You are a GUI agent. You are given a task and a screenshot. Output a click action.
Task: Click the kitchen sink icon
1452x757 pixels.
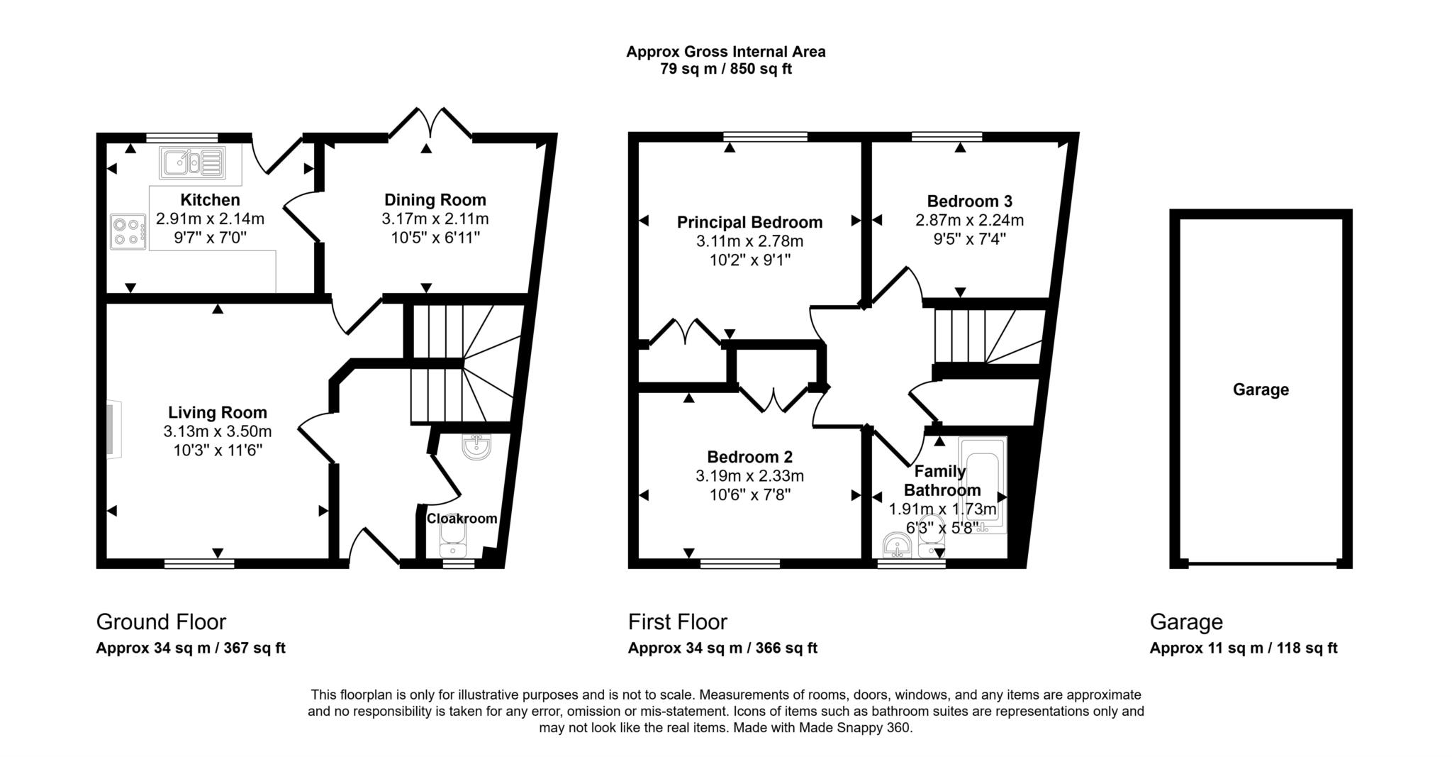coord(192,163)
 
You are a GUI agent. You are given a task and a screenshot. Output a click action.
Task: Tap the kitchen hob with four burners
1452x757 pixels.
coord(128,232)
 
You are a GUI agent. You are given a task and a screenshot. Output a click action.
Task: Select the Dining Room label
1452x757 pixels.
coord(435,199)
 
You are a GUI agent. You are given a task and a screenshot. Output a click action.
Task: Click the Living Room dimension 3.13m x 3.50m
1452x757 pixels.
coord(217,431)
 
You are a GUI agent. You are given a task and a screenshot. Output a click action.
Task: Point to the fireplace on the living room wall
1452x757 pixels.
coord(113,430)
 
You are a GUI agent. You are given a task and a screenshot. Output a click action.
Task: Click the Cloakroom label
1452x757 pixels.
coord(462,519)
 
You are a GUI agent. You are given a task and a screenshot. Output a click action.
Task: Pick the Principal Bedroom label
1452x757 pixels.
coord(749,222)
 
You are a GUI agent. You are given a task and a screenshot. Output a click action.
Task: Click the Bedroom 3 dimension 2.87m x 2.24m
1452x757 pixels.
coord(969,220)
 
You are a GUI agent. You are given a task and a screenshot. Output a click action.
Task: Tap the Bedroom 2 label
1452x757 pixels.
coord(749,457)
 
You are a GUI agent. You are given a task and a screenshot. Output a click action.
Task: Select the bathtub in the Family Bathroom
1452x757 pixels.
coord(982,485)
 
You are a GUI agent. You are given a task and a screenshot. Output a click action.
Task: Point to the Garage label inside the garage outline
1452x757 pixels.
coord(1260,389)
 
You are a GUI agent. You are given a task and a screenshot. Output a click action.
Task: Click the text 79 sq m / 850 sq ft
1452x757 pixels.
coord(725,70)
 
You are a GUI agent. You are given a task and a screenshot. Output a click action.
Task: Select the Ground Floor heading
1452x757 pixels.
coord(161,622)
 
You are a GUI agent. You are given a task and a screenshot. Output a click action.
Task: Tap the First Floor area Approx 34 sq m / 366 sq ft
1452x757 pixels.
coord(722,648)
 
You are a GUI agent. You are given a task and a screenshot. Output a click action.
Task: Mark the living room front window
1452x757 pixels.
coord(199,564)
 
